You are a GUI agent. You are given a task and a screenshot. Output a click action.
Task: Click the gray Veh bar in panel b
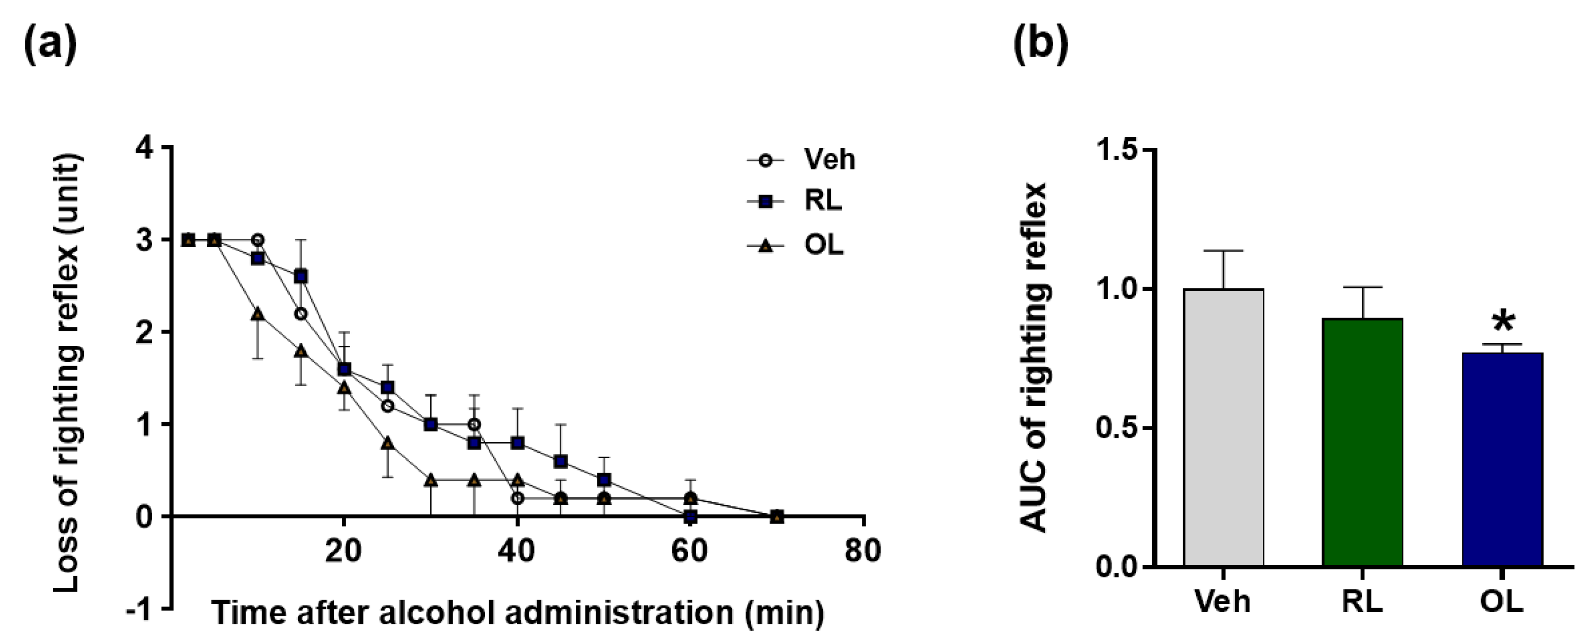click(x=1224, y=427)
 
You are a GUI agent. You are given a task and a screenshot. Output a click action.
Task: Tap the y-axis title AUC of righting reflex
click(x=1033, y=358)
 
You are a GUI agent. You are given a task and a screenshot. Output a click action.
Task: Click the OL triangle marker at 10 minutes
click(x=258, y=314)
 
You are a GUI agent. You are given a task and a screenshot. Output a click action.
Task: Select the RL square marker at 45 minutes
click(x=561, y=461)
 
